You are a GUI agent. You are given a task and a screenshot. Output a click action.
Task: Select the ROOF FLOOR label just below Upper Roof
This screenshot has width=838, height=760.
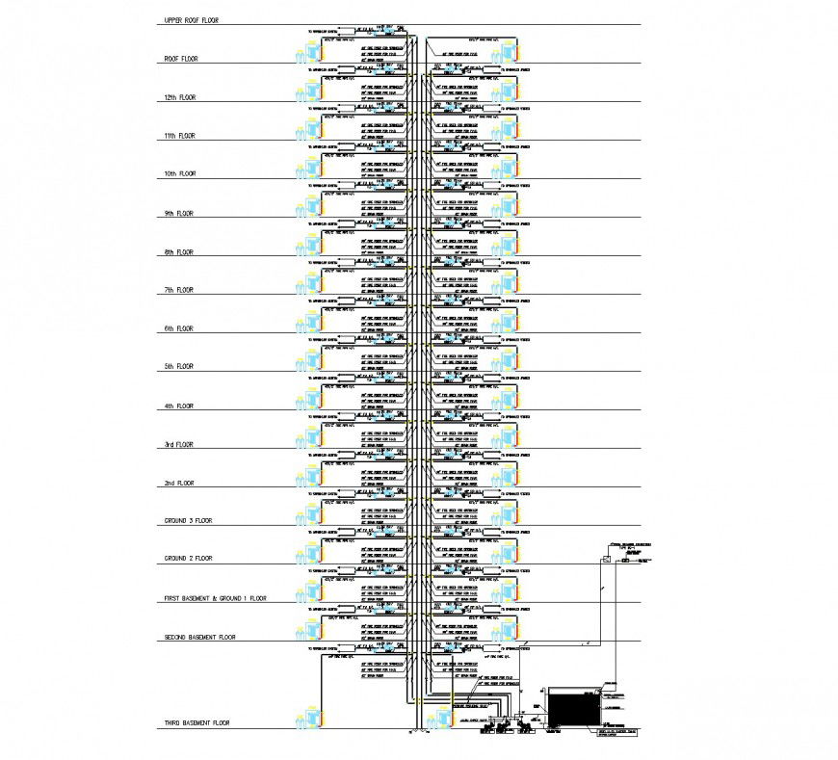tap(180, 59)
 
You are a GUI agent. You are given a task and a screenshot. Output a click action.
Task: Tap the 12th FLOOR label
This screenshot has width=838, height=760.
tap(180, 97)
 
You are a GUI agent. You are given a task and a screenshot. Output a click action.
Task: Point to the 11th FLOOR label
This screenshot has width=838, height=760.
tap(180, 136)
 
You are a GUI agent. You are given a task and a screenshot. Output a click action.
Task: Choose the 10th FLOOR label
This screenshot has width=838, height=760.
tap(180, 174)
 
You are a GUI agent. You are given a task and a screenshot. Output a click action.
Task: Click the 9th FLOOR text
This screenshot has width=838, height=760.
tap(179, 213)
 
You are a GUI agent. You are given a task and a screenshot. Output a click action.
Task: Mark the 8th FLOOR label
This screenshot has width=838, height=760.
tap(179, 251)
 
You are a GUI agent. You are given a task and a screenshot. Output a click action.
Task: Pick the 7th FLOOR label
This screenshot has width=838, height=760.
tap(179, 290)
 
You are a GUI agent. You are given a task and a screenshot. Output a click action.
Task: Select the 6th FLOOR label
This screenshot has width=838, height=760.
tap(179, 328)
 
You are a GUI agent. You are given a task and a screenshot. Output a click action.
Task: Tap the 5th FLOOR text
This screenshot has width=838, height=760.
tap(179, 367)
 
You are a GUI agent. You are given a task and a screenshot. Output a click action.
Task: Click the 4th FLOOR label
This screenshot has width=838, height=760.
tap(179, 406)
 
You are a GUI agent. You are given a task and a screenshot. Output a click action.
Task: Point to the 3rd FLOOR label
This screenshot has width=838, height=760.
tap(179, 444)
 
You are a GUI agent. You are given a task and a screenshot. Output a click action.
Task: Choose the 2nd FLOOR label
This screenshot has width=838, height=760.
tap(179, 483)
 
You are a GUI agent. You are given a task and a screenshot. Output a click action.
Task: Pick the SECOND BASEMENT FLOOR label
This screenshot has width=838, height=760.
tap(199, 637)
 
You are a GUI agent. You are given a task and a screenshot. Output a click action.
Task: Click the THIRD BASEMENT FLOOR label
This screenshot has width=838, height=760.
tap(196, 721)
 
